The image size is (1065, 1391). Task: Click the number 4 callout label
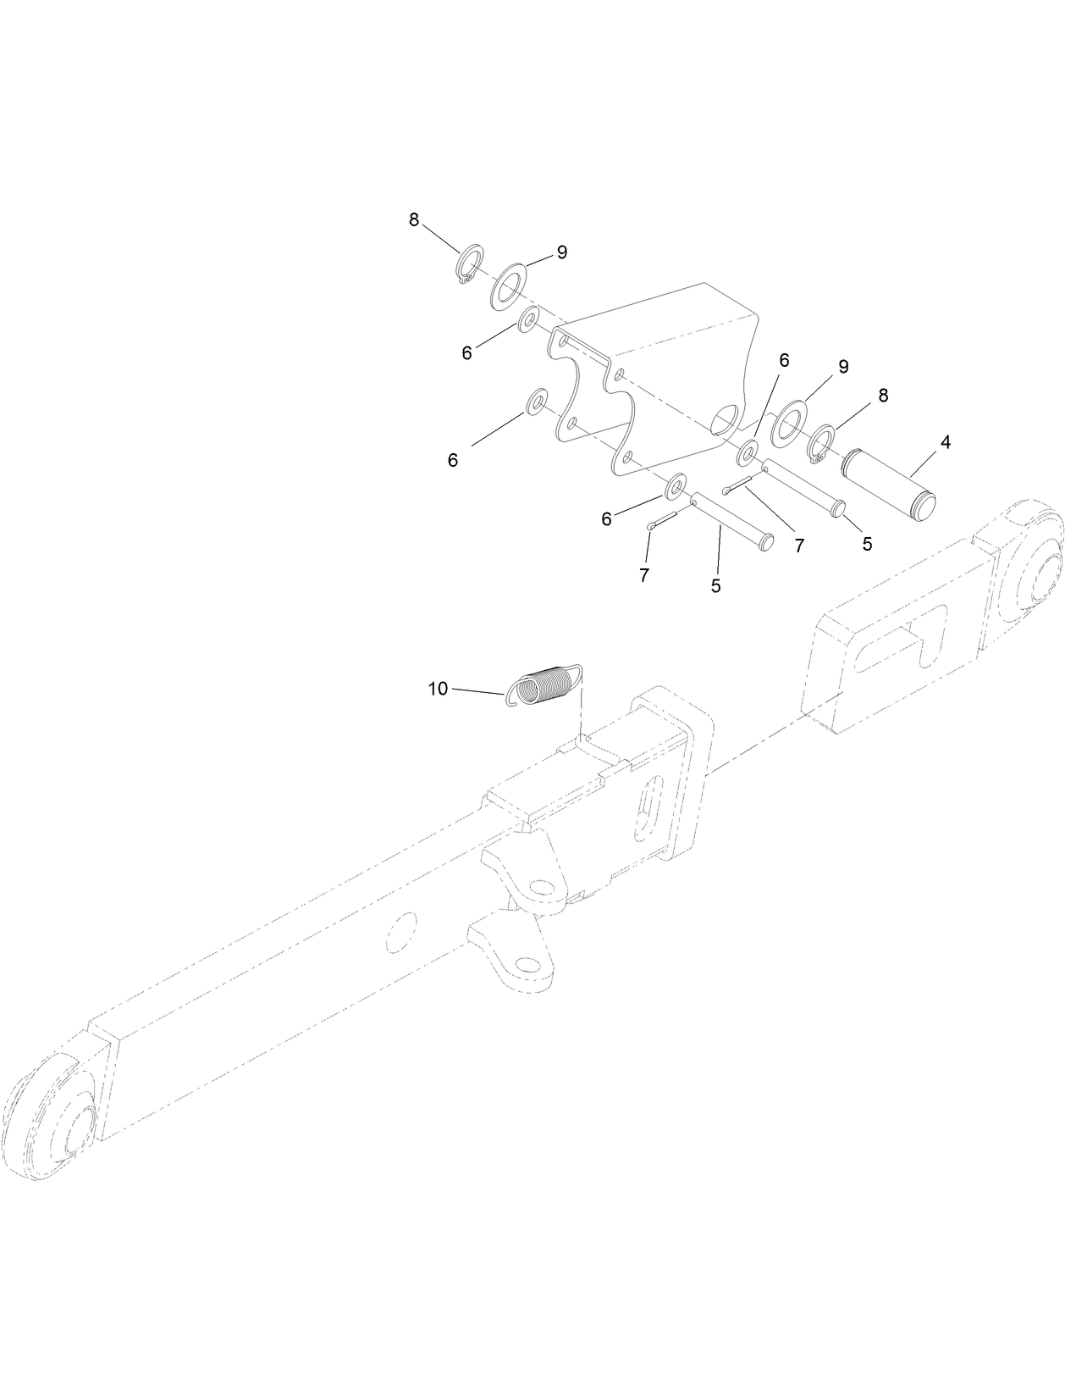[x=945, y=442]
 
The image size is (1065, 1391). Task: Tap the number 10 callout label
[x=438, y=689]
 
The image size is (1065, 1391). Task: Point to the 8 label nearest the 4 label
[x=883, y=395]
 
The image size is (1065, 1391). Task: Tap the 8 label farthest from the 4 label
[x=414, y=220]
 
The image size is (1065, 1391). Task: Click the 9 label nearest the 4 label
[x=843, y=367]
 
